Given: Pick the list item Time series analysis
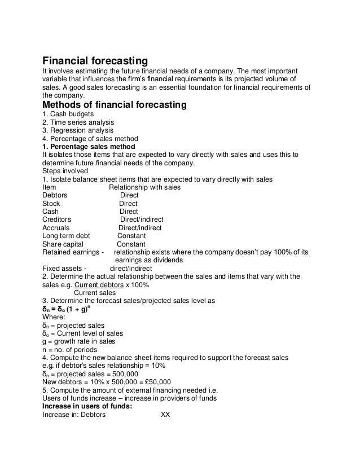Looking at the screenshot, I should (78, 122).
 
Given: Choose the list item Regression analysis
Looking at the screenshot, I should (78, 131).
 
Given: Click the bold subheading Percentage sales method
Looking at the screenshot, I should (89, 147).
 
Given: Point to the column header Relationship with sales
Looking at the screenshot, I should (144, 187).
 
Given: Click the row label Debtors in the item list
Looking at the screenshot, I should (55, 195).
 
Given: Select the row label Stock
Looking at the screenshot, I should (51, 204).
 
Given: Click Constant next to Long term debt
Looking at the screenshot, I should (131, 236).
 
